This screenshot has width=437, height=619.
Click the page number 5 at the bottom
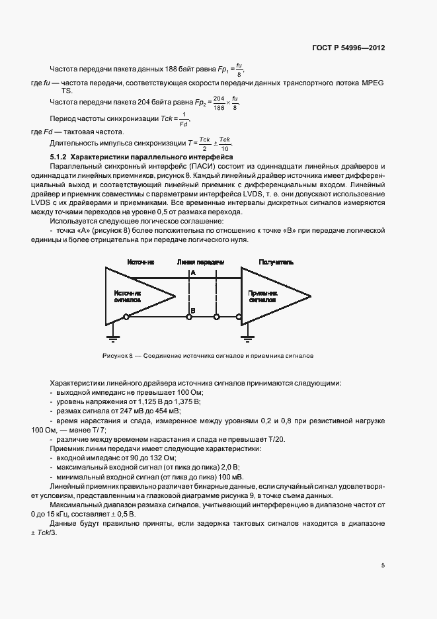[x=383, y=565]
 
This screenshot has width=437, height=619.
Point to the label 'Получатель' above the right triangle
[x=276, y=262]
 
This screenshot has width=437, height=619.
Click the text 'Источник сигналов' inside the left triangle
[x=128, y=296]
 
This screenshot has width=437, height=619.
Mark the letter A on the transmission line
[x=193, y=272]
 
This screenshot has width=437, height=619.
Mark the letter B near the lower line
[x=193, y=310]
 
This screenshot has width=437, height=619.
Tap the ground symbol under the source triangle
[x=113, y=339]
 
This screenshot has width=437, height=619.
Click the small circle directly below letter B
[x=189, y=318]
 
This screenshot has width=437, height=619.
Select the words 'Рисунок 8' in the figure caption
[x=117, y=356]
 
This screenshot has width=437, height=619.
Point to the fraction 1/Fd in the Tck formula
[x=184, y=120]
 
